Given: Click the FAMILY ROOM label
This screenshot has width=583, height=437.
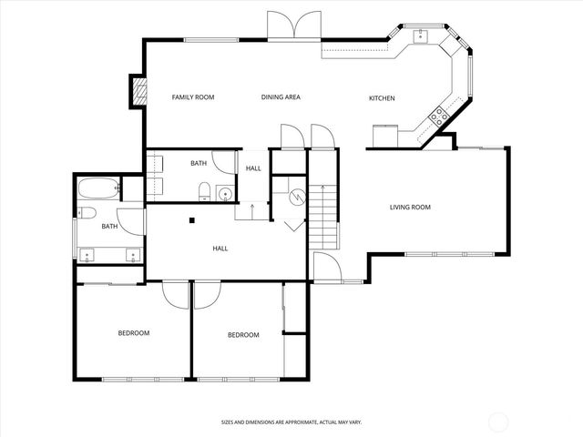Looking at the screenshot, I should point(193,97).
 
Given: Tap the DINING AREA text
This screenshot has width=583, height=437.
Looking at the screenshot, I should point(281,97).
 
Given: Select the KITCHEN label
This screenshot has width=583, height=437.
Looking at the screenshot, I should point(381,98).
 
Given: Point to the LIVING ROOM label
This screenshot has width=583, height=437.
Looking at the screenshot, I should point(410,208).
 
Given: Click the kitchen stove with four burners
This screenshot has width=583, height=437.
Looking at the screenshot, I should point(438,116).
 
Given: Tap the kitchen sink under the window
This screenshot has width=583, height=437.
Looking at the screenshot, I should point(420,36).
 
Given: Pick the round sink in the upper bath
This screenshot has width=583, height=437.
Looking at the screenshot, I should point(224,193).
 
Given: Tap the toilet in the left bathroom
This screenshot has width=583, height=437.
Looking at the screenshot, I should point(85,212).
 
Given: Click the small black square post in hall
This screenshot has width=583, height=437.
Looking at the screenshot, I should point(192,219).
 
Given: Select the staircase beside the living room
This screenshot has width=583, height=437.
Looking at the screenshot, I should point(323,214).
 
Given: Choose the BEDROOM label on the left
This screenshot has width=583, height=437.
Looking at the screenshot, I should point(133,333).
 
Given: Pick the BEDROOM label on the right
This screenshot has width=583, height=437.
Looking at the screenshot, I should point(243,335).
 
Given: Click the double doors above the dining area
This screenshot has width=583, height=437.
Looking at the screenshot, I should point(294,25).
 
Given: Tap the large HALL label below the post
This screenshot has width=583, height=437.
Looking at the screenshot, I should point(220,248).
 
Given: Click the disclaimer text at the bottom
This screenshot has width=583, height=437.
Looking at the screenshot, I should point(291,422).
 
